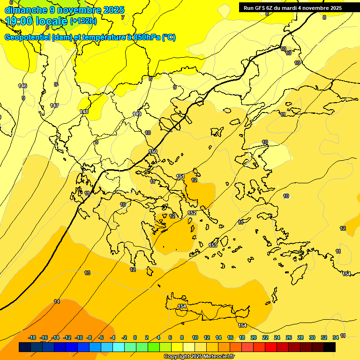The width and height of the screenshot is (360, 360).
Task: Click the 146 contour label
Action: [22, 86]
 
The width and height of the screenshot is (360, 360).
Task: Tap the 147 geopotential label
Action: [54, 105]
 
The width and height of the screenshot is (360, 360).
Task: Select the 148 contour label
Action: [84, 112]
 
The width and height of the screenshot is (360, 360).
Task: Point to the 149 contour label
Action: [137, 114]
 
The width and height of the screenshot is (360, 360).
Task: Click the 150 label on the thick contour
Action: [153, 151]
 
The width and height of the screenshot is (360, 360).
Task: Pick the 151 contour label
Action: [180, 176]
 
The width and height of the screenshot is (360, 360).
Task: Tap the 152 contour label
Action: [192, 213]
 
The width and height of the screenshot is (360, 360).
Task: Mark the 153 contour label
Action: [213, 245]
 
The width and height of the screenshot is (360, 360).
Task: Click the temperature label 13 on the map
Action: [87, 273]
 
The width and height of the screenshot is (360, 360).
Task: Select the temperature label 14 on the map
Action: [57, 301]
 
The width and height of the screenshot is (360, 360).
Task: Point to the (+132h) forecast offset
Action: [83, 21]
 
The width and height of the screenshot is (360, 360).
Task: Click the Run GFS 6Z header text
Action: [260, 8]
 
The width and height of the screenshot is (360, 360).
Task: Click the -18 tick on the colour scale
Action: [32, 337]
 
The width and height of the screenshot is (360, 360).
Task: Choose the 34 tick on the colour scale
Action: [336, 337]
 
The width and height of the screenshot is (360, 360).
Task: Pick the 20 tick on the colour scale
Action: [254, 337]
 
